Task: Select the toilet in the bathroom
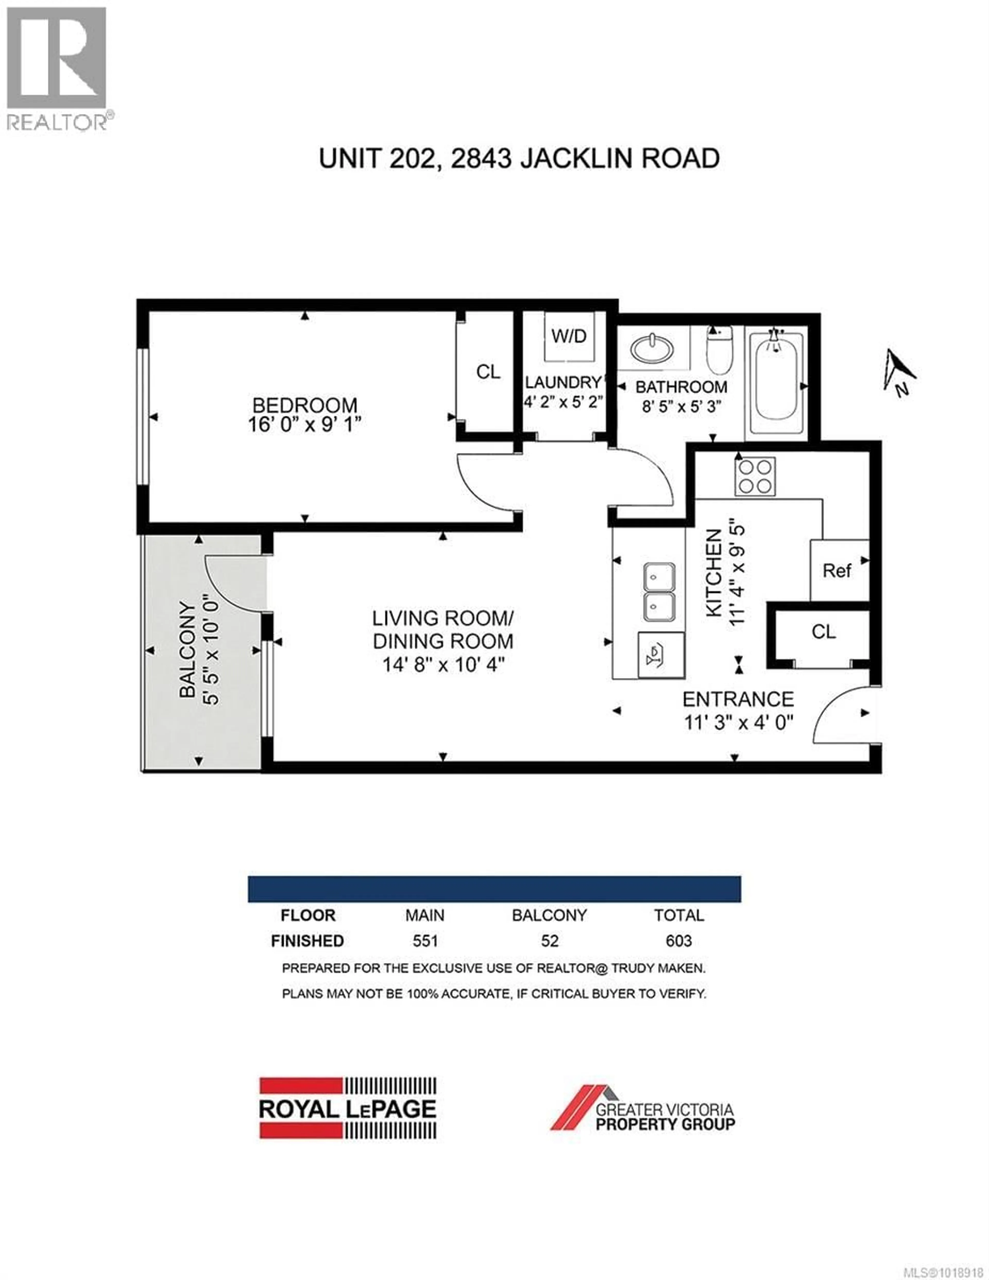pos(719,350)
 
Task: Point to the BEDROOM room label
pos(304,405)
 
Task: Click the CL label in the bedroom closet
pos(488,372)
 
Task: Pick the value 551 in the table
pos(425,941)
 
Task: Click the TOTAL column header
pos(679,915)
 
